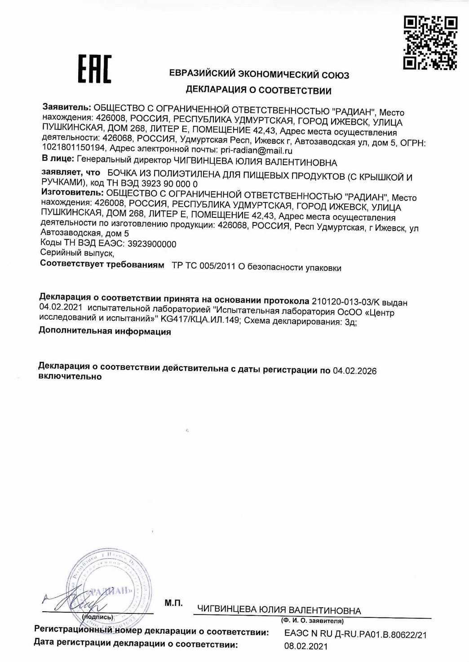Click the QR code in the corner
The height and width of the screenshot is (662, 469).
click(430, 43)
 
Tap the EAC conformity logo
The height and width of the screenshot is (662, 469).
click(95, 70)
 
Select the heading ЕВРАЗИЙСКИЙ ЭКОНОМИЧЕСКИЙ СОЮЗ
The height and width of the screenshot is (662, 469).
click(259, 75)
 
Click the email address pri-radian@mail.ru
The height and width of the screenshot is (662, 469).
click(257, 151)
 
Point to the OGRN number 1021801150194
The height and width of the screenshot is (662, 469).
click(74, 148)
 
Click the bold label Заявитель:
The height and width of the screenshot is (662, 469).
click(67, 108)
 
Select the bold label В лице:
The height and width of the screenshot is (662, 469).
click(58, 159)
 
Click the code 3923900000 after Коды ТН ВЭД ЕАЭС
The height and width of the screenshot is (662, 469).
click(152, 244)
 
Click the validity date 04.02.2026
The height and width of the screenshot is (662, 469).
click(354, 371)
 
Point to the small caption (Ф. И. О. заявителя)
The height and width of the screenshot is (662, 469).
click(312, 621)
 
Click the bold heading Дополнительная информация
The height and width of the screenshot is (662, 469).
click(105, 331)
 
